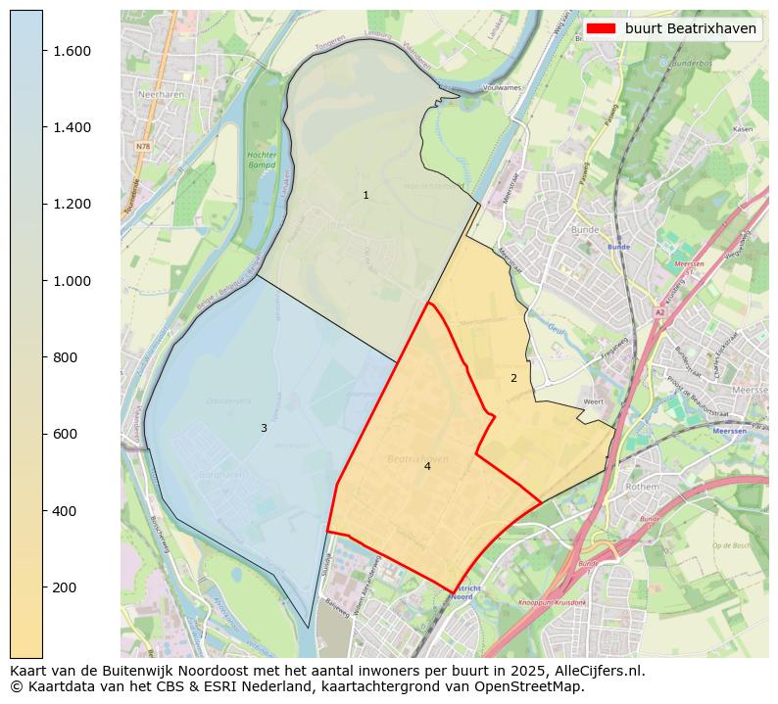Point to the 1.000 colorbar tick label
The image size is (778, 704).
point(72,281)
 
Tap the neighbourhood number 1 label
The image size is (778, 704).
point(365,196)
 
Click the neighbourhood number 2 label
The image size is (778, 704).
point(513,378)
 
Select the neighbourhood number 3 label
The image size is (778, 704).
point(264,428)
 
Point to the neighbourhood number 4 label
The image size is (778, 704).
point(427,466)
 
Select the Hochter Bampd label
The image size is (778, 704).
point(262,161)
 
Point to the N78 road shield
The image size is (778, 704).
point(143,146)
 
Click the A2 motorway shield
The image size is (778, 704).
point(659,312)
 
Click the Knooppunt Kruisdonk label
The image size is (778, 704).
point(552,603)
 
